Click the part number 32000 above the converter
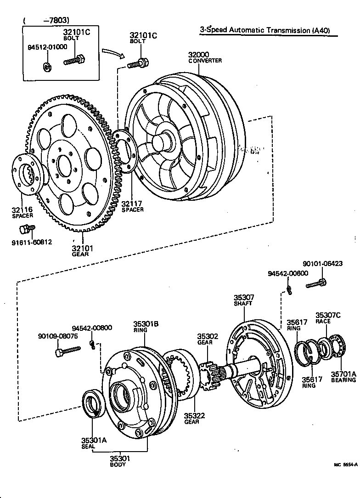198,55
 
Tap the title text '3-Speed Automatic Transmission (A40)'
264,30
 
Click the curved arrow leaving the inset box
113,54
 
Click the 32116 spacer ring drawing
28,174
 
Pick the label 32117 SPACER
132,206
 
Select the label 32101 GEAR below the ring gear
82,251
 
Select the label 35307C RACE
328,318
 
